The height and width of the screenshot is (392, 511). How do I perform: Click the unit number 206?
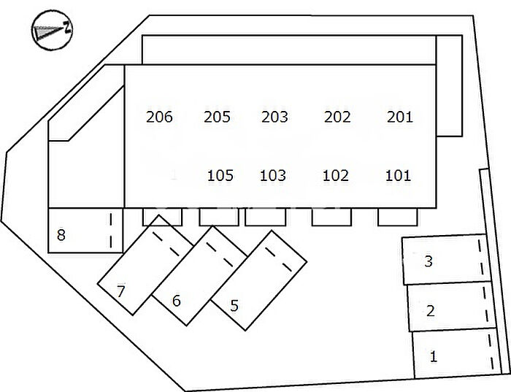click(x=159, y=117)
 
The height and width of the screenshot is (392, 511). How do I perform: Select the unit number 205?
click(x=217, y=117)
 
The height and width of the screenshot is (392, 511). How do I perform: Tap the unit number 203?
click(x=274, y=117)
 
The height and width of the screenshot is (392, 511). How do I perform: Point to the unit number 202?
click(x=337, y=117)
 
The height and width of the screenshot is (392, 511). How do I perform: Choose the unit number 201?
click(x=400, y=117)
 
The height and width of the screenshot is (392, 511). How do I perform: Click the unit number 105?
click(x=220, y=175)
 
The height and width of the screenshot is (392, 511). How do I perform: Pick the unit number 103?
click(x=273, y=175)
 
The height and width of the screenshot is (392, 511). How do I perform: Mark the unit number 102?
click(x=336, y=175)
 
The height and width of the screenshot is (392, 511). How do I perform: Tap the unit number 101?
click(x=398, y=175)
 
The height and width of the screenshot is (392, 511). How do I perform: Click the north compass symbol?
click(x=52, y=31)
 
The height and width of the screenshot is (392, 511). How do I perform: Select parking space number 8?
click(x=61, y=235)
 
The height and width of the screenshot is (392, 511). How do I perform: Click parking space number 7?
click(x=120, y=291)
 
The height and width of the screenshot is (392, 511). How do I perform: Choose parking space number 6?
click(x=176, y=300)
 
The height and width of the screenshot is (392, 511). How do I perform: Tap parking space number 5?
click(x=234, y=305)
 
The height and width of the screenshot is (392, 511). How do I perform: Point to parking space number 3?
click(x=429, y=261)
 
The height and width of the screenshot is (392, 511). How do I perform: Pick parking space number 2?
click(x=431, y=310)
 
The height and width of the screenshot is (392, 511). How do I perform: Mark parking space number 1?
click(x=434, y=356)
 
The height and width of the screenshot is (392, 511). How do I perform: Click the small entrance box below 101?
click(x=398, y=217)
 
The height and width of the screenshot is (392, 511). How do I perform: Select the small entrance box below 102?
click(x=332, y=217)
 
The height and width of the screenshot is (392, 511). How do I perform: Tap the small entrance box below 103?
click(x=265, y=217)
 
